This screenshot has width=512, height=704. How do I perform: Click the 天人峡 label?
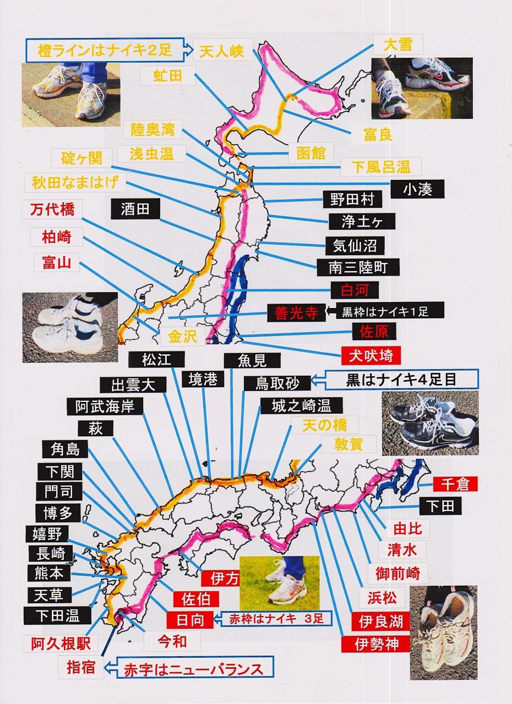[222, 50]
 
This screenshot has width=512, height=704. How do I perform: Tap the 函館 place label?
[311, 153]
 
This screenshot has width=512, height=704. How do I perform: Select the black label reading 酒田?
[135, 209]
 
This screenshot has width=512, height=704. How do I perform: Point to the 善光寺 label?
[296, 313]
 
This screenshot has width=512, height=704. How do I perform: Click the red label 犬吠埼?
[371, 356]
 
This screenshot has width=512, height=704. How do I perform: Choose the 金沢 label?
[183, 336]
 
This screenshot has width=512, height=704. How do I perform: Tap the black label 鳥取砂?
[277, 383]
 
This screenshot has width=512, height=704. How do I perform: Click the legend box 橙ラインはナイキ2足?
[105, 50]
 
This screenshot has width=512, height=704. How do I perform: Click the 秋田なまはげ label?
[75, 182]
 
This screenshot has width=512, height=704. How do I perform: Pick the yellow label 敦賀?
[349, 444]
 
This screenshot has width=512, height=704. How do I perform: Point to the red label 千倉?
[455, 484]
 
